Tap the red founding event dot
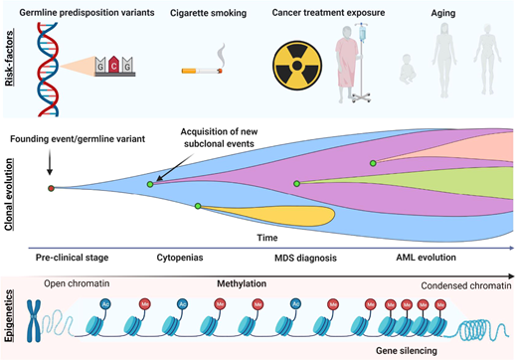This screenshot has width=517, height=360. (51, 187)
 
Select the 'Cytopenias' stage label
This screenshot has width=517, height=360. (181, 257)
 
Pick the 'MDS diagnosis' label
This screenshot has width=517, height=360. (302, 257)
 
